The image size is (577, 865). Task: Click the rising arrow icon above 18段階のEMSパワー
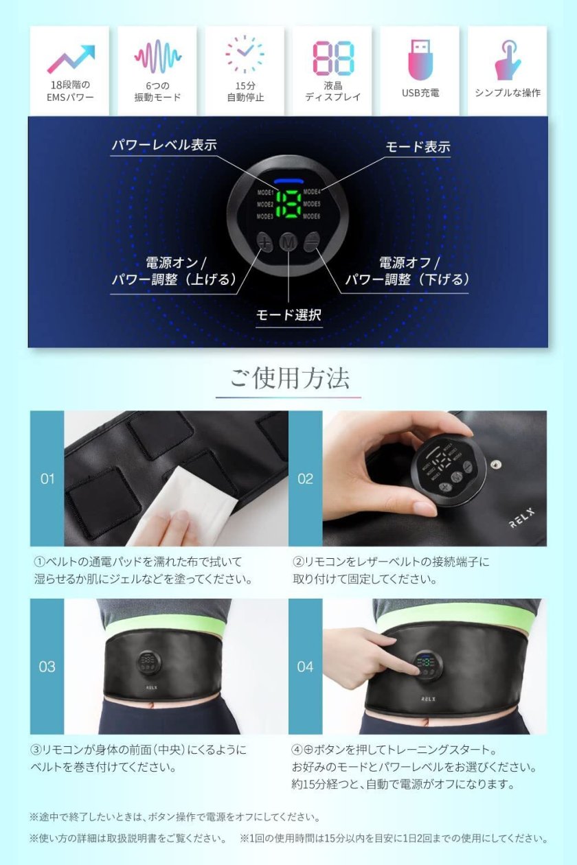click(71, 59)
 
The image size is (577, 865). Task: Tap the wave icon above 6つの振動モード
click(157, 58)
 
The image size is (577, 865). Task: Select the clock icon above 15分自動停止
click(245, 54)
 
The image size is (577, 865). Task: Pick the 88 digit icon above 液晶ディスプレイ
click(333, 58)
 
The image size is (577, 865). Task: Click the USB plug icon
click(420, 59)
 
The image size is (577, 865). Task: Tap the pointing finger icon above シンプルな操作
click(508, 60)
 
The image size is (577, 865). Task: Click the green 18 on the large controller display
click(288, 205)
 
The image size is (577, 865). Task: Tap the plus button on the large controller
click(264, 242)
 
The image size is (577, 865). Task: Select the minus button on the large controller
click(311, 242)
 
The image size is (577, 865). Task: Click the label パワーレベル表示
click(164, 146)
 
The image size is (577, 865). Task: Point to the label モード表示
click(418, 147)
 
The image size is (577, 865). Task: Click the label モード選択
click(288, 315)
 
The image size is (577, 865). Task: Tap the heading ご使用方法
click(289, 378)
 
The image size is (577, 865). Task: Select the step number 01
click(47, 479)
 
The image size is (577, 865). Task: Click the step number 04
click(305, 667)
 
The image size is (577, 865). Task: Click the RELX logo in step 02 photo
click(522, 518)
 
